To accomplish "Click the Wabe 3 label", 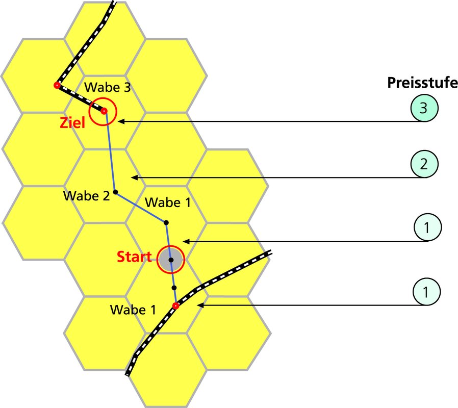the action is (108, 87).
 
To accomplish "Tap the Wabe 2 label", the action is (87, 196).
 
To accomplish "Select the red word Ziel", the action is (72, 123).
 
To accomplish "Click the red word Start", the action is (134, 257).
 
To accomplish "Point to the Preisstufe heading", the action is (422, 83).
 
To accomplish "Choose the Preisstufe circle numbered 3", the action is (424, 108).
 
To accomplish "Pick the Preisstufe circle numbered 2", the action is (424, 164).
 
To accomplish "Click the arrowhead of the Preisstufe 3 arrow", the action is (121, 121).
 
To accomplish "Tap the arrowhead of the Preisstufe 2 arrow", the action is (134, 177).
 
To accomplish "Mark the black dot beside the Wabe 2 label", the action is (115, 192).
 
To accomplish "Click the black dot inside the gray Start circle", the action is (171, 260).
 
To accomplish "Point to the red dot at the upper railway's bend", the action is (57, 86).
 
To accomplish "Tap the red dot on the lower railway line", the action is (175, 306).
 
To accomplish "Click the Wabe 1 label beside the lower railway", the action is (133, 310).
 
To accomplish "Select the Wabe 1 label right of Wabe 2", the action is (168, 202).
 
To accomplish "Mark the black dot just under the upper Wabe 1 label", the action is (166, 222).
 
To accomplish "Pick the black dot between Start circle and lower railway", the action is (174, 288).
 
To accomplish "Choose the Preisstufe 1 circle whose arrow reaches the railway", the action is (426, 292).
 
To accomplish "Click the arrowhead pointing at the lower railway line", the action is (200, 305).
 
